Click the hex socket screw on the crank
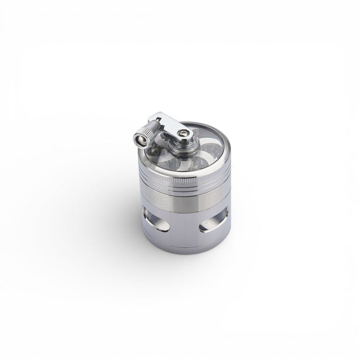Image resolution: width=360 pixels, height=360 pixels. (183, 133)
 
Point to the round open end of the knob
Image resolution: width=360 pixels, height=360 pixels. (140, 140)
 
